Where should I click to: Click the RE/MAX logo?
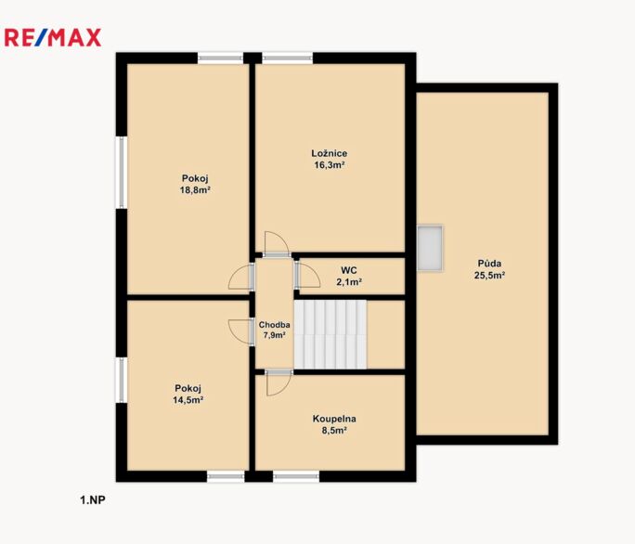53,38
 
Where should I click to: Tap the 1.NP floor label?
93,500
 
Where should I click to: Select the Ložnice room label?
330,153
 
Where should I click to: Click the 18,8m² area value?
195,190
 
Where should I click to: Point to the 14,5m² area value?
188,400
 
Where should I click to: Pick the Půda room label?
489,264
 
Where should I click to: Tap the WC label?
349,270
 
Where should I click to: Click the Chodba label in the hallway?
274,325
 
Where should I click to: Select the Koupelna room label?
334,419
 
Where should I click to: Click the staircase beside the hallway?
330,334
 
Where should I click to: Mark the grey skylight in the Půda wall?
430,248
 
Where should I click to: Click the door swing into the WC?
307,275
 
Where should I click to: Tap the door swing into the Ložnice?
277,244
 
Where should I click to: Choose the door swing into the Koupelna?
279,382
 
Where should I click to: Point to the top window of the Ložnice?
288,58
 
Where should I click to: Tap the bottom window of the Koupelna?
296,476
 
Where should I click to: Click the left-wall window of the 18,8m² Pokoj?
122,173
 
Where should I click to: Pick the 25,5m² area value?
489,276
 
